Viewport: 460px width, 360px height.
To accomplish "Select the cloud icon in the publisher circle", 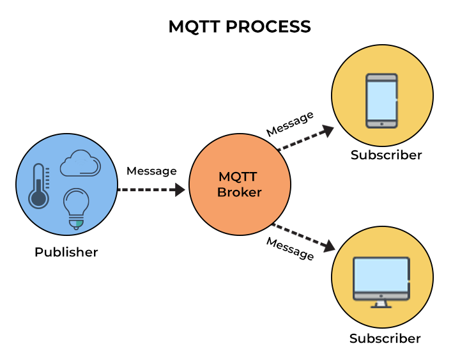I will (x=80, y=164).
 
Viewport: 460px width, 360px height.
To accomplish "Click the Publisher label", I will (x=66, y=252).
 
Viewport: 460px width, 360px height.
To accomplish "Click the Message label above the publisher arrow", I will (x=151, y=171).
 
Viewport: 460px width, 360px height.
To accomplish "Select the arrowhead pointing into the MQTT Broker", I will (x=179, y=189).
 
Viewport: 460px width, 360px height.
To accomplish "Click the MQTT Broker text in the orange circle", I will (x=240, y=184).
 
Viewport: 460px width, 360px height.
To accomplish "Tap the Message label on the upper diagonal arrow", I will (x=290, y=123).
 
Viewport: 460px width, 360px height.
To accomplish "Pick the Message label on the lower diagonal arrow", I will (x=290, y=248).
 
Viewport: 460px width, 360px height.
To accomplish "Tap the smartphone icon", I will (x=381, y=100).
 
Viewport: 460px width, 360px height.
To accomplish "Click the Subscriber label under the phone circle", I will (x=386, y=155).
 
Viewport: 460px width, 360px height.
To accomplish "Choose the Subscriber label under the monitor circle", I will (x=385, y=338).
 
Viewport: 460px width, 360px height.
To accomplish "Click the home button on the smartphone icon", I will (x=381, y=123).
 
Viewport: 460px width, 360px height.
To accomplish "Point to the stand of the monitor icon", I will (x=381, y=303).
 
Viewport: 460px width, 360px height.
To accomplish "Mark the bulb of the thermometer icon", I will (x=38, y=199).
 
